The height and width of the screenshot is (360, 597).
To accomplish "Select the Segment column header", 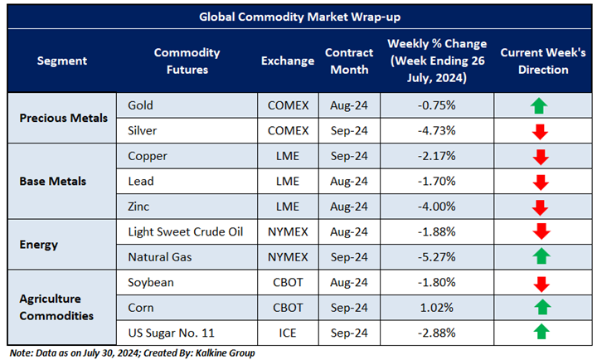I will pyautogui.click(x=61, y=61).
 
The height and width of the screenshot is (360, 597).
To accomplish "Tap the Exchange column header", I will pyautogui.click(x=288, y=61).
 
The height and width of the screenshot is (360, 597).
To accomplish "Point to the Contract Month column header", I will pyautogui.click(x=348, y=61).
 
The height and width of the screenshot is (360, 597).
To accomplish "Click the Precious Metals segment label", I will pyautogui.click(x=63, y=118).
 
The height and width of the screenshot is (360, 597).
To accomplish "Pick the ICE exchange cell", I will pyautogui.click(x=288, y=333).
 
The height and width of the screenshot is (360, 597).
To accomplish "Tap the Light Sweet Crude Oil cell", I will pyautogui.click(x=186, y=231).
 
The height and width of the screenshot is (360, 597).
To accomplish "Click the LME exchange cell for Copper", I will pyautogui.click(x=288, y=156).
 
